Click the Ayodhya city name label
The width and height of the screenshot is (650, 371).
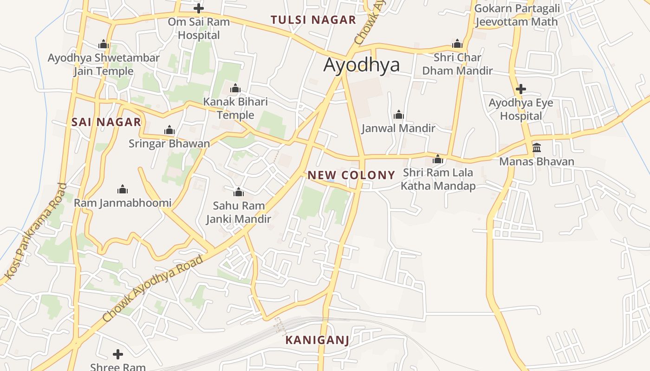[x=361, y=65]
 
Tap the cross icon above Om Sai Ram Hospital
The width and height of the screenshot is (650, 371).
[x=199, y=8]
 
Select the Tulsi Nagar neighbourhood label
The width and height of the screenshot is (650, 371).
[x=313, y=20]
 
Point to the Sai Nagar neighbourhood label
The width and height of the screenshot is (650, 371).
[x=106, y=122]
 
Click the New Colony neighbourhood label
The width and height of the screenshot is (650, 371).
[x=351, y=175]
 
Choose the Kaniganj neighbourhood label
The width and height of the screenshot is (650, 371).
[x=317, y=340]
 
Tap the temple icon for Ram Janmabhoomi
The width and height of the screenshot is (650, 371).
[x=123, y=189]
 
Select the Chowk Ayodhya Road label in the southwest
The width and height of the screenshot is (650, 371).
[x=153, y=288]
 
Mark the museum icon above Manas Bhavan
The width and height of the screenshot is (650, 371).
[x=537, y=148]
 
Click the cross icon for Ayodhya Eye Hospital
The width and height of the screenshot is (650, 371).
[x=521, y=89]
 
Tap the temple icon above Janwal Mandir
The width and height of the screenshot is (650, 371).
[x=398, y=115]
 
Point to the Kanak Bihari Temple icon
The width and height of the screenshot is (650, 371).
[x=235, y=88]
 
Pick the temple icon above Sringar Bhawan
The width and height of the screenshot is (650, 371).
[x=169, y=130]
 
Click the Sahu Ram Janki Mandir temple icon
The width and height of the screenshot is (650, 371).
[x=239, y=192]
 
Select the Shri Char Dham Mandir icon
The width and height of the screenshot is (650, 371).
[x=457, y=44]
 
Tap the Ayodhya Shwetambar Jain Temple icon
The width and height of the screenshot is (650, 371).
[x=104, y=45]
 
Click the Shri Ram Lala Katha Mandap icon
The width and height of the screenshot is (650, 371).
[x=437, y=160]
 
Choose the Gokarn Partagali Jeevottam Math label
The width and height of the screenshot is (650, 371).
[x=517, y=15]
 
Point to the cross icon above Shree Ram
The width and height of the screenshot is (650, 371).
[x=118, y=354]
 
